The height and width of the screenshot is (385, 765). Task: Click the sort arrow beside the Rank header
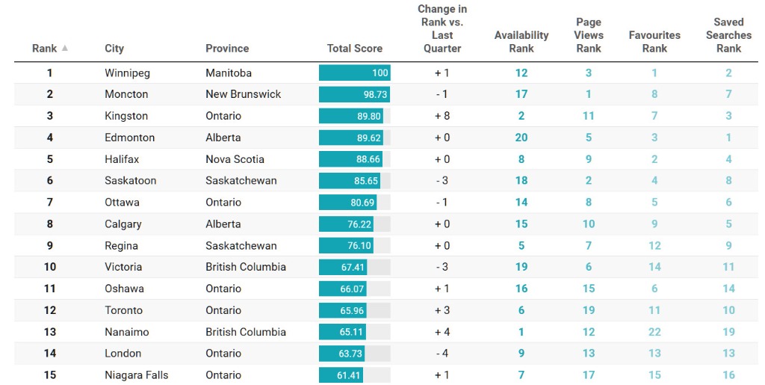(65, 49)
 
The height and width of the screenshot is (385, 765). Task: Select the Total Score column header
(354, 49)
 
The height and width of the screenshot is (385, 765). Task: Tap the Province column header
(227, 49)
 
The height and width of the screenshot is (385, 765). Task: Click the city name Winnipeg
(127, 73)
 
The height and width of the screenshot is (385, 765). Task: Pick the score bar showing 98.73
(354, 95)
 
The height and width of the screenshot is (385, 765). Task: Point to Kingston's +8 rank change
(442, 116)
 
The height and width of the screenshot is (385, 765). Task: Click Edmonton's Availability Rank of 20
(521, 138)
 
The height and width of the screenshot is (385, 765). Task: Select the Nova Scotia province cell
(235, 159)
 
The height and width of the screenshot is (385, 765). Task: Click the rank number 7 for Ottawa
(50, 203)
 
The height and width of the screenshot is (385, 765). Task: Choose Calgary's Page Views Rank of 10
(589, 224)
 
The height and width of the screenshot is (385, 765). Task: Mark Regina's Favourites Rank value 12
(654, 246)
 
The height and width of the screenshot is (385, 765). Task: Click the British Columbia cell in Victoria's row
(246, 267)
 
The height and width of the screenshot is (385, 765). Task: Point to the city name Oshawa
(124, 289)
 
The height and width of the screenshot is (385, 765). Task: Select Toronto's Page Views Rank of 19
(589, 310)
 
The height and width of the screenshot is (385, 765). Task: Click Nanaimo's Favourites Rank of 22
(654, 332)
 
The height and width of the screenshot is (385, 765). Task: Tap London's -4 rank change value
(442, 354)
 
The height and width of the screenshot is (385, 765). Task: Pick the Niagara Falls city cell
(136, 375)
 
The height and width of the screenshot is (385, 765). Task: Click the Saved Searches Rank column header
(728, 35)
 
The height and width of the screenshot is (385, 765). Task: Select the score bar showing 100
(354, 73)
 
